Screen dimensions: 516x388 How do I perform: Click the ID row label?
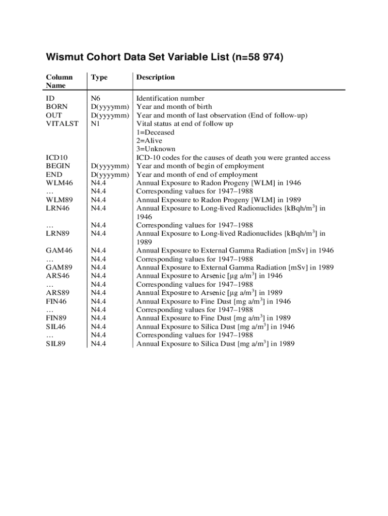50,98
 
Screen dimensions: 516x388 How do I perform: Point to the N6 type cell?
96,98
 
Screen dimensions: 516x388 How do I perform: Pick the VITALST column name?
62,123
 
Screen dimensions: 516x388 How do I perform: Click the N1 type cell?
95,123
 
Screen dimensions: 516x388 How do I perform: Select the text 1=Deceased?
156,132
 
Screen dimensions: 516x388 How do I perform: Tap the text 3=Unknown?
156,149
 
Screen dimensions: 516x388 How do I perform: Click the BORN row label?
56,107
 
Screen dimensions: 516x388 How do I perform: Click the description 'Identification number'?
172,98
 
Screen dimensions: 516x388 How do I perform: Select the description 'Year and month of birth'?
174,107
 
